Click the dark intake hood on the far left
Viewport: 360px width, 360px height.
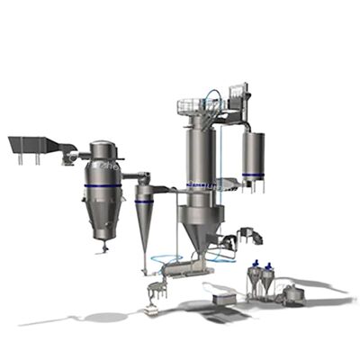[x=31, y=144]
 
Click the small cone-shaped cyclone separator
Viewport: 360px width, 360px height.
[x=144, y=216]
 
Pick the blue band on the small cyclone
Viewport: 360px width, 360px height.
[x=144, y=201]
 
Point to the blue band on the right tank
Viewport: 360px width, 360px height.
[x=254, y=175]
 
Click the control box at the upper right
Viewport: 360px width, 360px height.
[x=238, y=93]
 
